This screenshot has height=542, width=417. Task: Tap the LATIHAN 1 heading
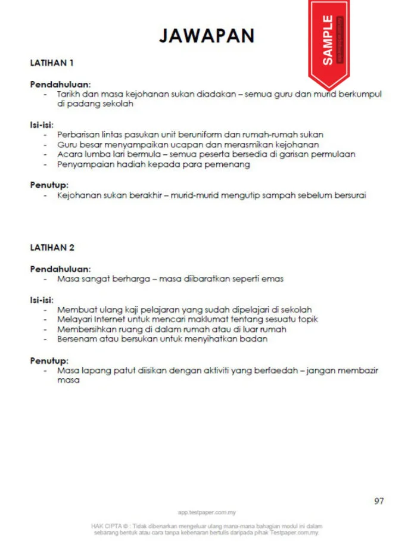52,62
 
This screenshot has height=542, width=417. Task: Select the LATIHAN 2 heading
52,247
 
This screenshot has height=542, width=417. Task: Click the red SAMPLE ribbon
328,42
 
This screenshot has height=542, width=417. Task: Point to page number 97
379,501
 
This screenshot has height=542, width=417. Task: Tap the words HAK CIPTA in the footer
107,526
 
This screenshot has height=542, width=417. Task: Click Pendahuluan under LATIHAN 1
60,85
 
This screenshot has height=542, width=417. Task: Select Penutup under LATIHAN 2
49,361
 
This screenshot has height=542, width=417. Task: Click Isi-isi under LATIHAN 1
42,125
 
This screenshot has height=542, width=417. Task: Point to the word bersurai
348,195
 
